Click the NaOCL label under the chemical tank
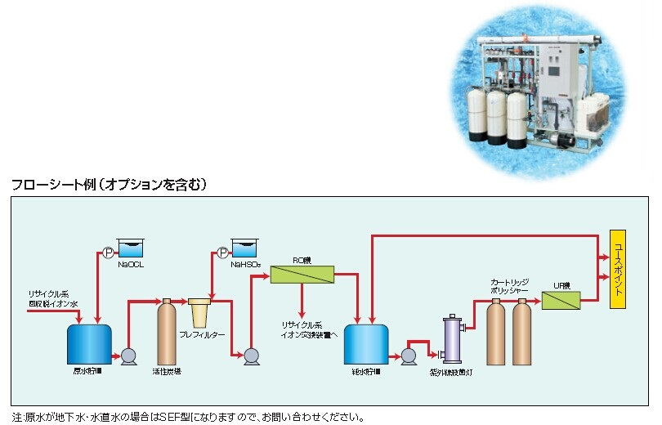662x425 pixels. pos(131,265)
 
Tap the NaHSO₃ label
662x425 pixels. pos(245,265)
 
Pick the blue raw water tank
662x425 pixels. pos(88,344)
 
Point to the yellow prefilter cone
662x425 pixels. pos(199,313)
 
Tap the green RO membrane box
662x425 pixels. pos(302,273)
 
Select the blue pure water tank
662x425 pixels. pos(366,344)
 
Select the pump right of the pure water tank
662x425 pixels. pos(407,355)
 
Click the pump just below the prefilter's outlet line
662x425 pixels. pos(251,355)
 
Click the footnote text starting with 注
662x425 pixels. pos(188,417)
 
